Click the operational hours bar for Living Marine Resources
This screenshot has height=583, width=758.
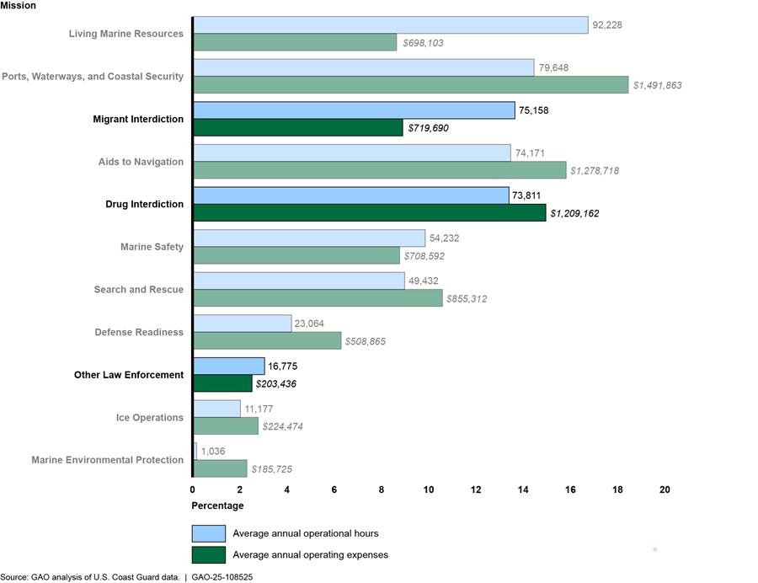[x=390, y=25]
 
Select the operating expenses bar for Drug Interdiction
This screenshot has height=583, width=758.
[x=370, y=213]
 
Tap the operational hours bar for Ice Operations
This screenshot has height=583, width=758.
[x=217, y=409]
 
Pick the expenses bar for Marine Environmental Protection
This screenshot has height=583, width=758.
[x=221, y=468]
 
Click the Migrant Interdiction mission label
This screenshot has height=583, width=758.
[x=138, y=119]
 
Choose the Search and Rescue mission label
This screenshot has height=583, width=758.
[x=139, y=290]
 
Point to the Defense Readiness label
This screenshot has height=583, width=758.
[x=139, y=332]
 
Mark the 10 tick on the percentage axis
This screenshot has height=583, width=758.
[x=429, y=489]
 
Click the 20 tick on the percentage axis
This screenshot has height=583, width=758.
[x=665, y=489]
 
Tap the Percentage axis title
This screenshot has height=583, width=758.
[x=218, y=505]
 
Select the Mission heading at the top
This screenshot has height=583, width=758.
[x=19, y=6]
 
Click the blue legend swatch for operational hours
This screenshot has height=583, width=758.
[x=209, y=533]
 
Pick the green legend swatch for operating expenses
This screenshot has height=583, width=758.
[x=209, y=554]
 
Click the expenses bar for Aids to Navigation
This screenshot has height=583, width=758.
[x=380, y=170]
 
